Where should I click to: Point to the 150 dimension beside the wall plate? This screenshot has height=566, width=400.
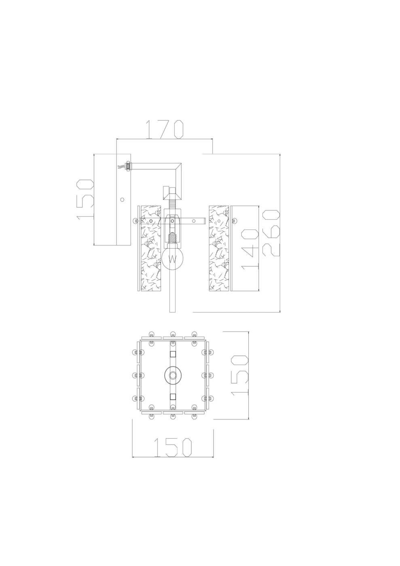point(85,199)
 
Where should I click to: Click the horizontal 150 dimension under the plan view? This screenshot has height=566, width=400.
point(173,447)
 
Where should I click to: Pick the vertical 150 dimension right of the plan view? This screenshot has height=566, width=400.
point(239,375)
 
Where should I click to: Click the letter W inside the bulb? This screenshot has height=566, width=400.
point(172,258)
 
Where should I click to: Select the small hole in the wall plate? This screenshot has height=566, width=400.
point(122,199)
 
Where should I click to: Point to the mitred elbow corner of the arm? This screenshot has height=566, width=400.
point(179,167)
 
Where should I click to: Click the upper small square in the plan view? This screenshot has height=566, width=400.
point(173,355)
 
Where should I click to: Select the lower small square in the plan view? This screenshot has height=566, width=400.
point(173,396)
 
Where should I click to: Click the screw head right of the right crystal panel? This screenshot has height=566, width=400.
point(234,221)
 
